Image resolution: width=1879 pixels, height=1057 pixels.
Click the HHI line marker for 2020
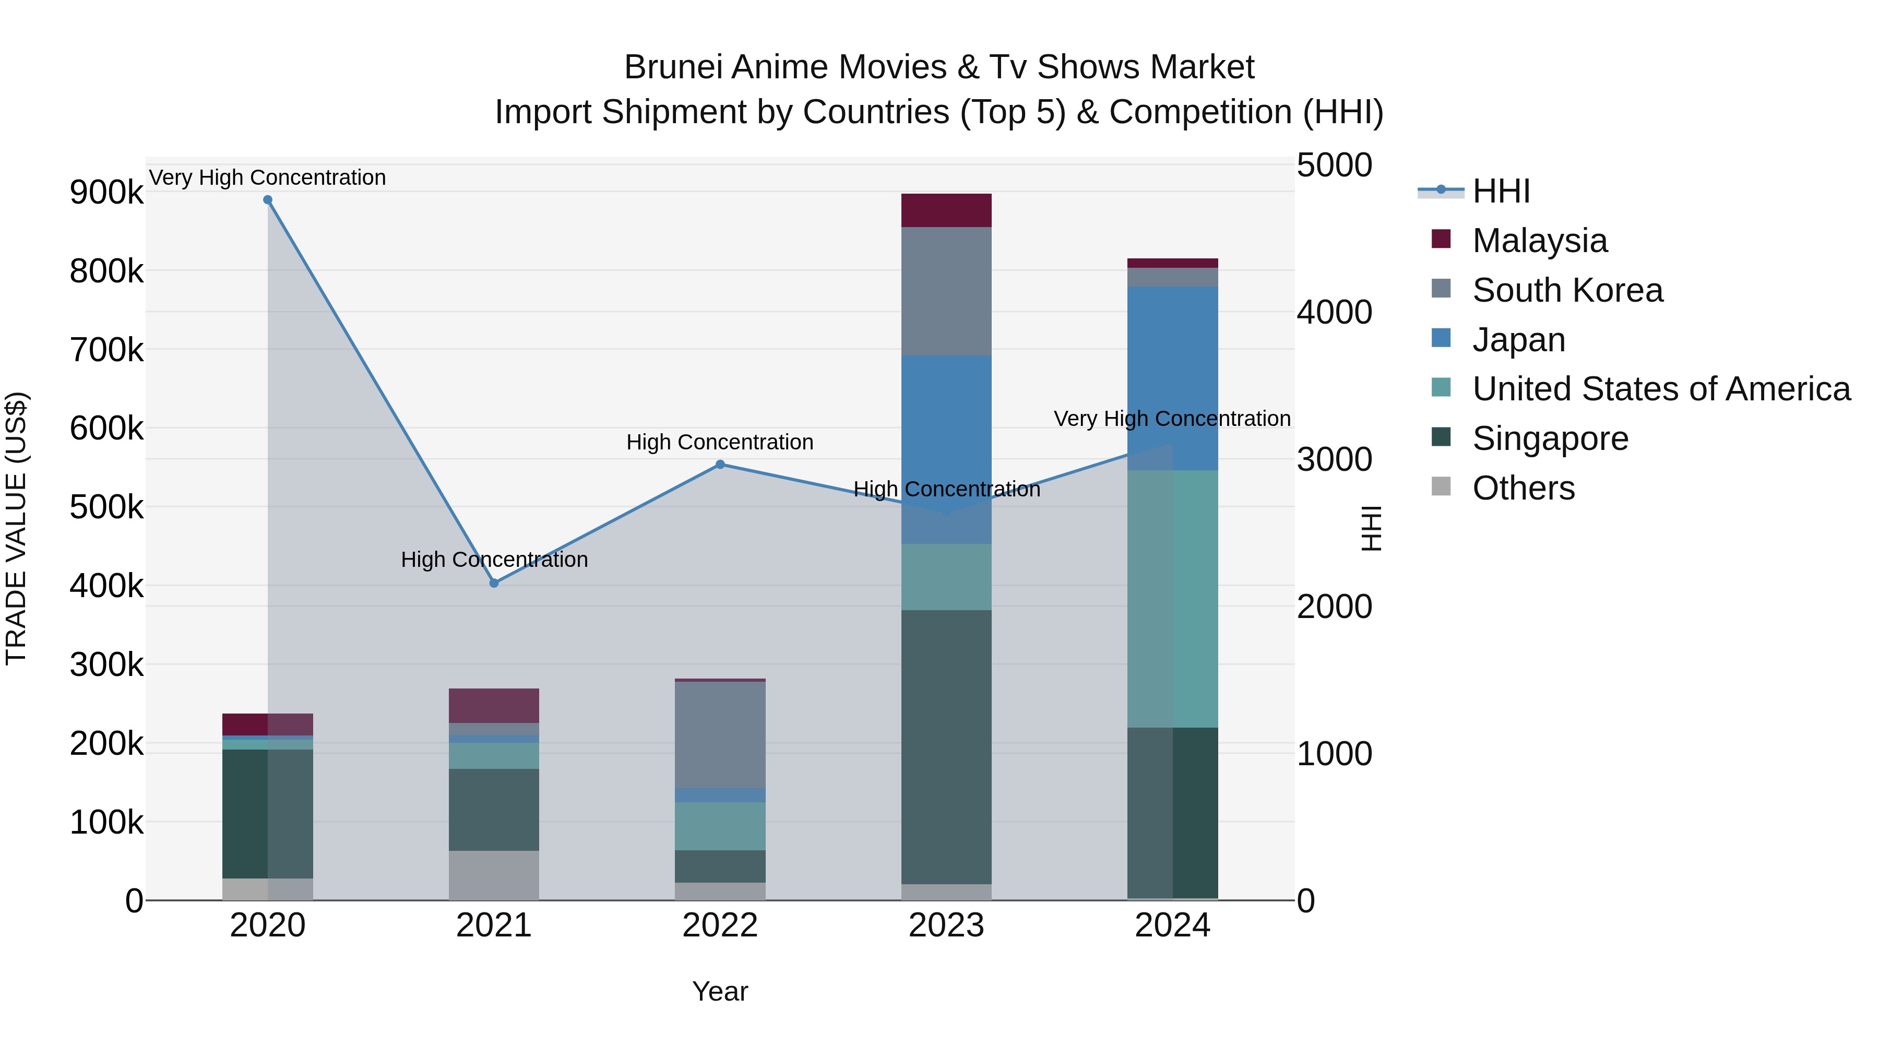268,200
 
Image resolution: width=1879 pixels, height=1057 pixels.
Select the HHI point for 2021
494,583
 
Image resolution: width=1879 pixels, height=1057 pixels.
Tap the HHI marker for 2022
720,464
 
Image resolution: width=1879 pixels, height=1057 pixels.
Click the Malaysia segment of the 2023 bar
946,210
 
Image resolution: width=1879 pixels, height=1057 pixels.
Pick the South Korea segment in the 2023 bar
946,291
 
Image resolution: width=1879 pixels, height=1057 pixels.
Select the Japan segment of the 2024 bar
1172,378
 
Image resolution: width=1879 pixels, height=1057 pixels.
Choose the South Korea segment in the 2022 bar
720,734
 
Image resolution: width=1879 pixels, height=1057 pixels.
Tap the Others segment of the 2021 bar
494,875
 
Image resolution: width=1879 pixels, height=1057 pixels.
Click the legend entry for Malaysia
1539,241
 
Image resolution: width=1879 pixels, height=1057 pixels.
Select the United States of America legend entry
1661,389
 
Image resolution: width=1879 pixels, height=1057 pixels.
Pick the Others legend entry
1523,488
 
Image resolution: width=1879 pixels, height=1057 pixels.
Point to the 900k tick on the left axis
106,193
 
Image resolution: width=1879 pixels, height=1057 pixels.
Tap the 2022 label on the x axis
720,925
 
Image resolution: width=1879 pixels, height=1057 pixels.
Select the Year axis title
720,991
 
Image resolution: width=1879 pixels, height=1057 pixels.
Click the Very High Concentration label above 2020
268,177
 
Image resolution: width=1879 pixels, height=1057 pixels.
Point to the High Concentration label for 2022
720,442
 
